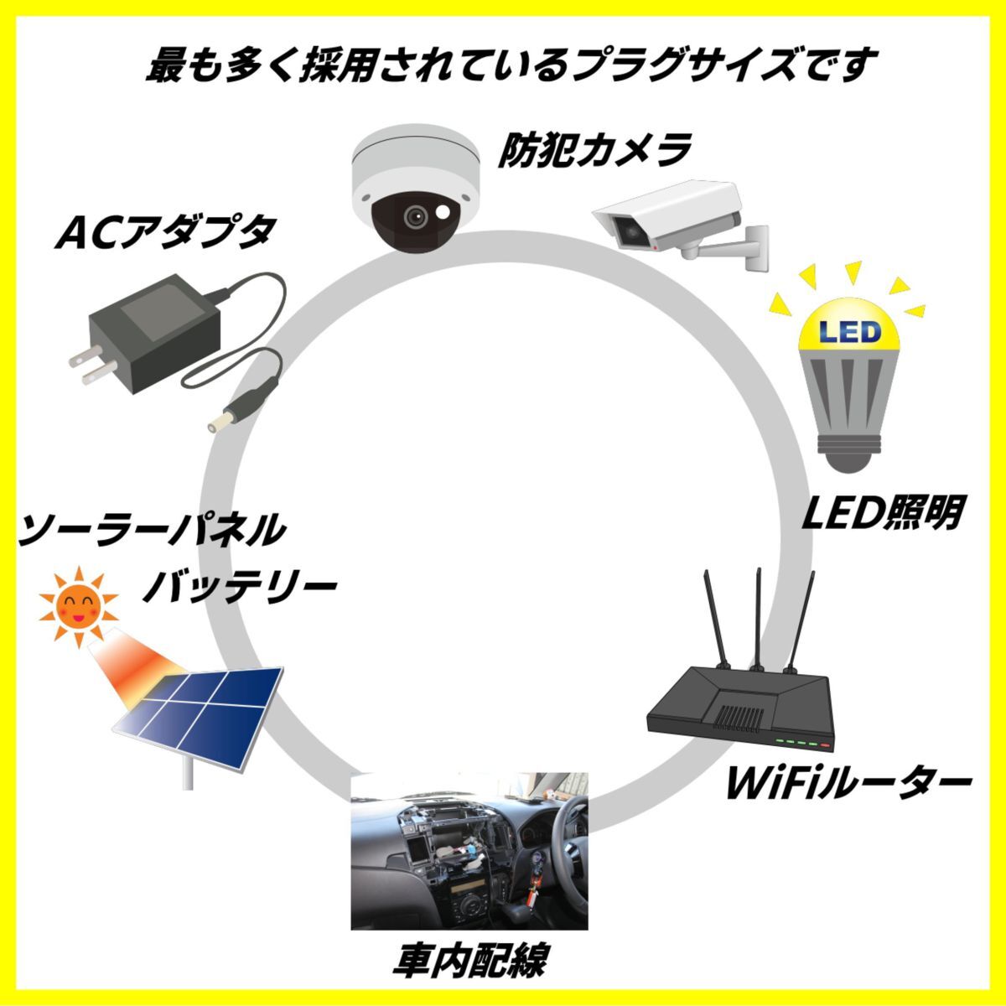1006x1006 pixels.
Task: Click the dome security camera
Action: (x=415, y=191)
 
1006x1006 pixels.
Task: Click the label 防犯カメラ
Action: (x=594, y=151)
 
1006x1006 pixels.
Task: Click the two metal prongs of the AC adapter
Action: (x=84, y=366)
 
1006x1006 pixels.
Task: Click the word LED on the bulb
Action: (x=849, y=332)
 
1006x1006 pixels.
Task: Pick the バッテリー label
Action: (x=239, y=588)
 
